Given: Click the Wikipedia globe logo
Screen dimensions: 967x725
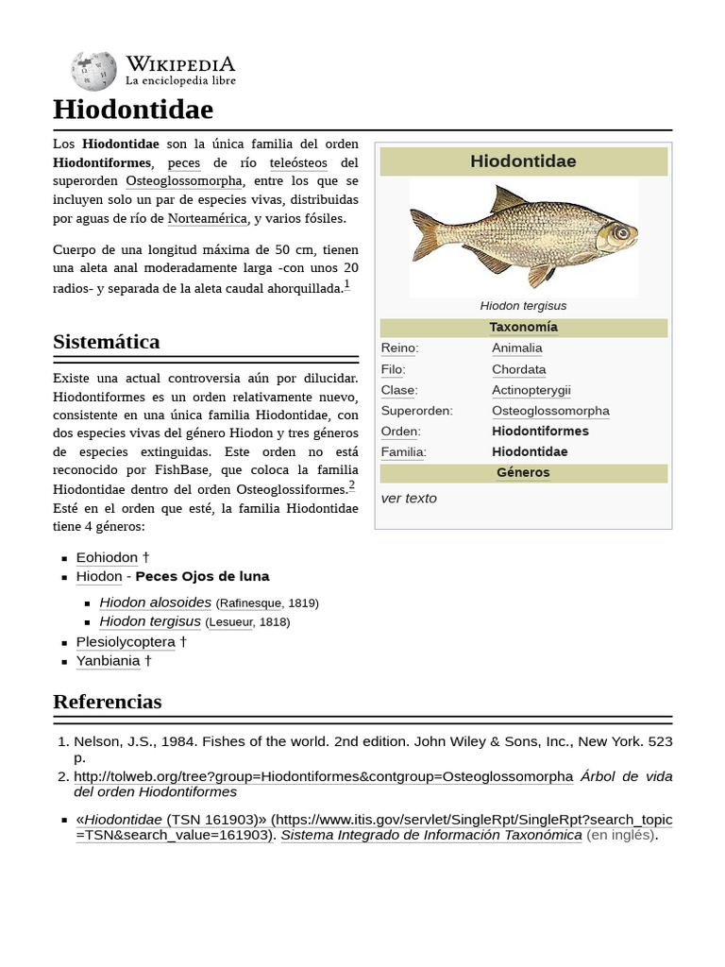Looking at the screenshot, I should (93, 71).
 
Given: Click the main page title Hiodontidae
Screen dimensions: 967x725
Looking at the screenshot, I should (133, 110).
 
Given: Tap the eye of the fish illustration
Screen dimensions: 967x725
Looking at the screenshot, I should (620, 231).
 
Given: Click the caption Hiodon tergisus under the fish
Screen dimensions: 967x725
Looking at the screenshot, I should (523, 306).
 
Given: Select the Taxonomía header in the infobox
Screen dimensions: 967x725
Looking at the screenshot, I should (523, 328).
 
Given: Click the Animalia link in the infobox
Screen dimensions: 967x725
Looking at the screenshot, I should (516, 348).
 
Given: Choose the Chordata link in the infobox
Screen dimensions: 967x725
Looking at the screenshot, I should (518, 369).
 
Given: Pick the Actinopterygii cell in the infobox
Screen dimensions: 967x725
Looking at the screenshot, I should (531, 390).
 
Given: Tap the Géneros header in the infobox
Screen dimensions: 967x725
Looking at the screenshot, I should (523, 473).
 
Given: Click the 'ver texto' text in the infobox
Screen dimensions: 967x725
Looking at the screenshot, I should (409, 499).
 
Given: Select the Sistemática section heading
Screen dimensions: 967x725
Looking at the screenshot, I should (107, 342).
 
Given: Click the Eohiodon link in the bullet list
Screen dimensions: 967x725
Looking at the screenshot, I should (107, 558).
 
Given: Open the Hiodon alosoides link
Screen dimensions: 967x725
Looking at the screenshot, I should (155, 602).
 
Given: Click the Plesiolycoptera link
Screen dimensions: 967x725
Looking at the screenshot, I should (126, 642).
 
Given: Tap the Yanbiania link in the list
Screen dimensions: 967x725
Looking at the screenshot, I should (108, 661).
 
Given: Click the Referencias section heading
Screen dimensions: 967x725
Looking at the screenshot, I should (108, 702).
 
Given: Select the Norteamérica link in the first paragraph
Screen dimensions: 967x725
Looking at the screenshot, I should (207, 219).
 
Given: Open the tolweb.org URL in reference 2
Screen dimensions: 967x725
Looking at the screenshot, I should (323, 776).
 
